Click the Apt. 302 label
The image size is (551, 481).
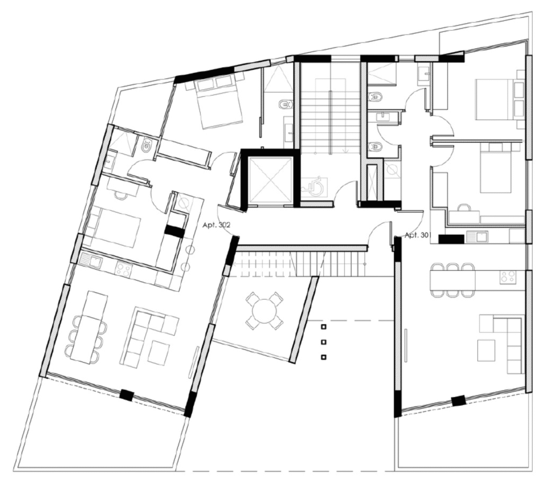(x=216, y=225)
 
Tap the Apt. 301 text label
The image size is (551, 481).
(x=418, y=235)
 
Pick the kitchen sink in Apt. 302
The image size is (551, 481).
(x=90, y=261)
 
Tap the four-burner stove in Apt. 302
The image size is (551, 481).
(x=124, y=269)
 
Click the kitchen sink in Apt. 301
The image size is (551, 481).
(x=477, y=237)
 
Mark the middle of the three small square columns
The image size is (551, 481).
(x=323, y=342)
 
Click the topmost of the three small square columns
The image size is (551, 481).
(x=323, y=327)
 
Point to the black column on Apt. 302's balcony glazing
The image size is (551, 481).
(x=126, y=396)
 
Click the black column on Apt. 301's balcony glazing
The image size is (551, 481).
(x=458, y=400)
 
